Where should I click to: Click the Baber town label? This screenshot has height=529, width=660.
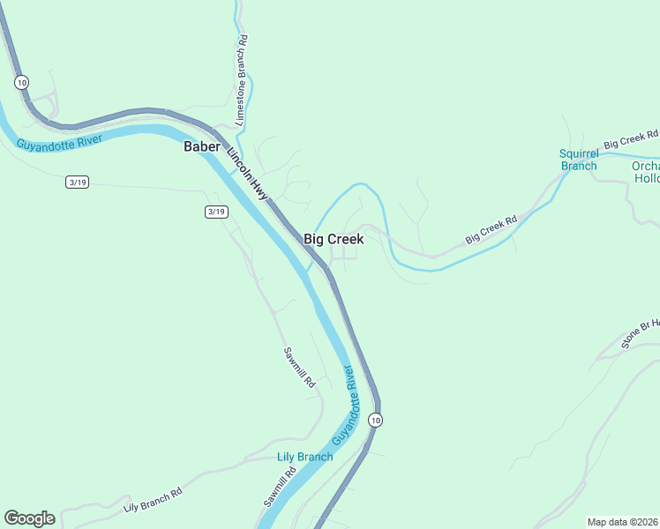201,146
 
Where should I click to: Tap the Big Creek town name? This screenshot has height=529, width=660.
334,239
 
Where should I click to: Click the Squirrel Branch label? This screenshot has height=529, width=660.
579,160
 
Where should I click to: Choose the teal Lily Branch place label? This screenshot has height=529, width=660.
305,456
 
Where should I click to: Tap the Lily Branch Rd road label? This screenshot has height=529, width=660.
153,500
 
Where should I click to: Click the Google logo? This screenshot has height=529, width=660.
29,518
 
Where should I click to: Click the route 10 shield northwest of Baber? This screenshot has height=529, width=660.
21,82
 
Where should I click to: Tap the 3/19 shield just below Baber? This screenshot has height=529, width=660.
216,212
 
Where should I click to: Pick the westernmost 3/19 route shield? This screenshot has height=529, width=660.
78,183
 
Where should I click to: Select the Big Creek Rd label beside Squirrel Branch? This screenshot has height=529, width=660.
631,139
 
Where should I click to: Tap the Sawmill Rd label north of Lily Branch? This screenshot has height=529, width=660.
298,368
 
